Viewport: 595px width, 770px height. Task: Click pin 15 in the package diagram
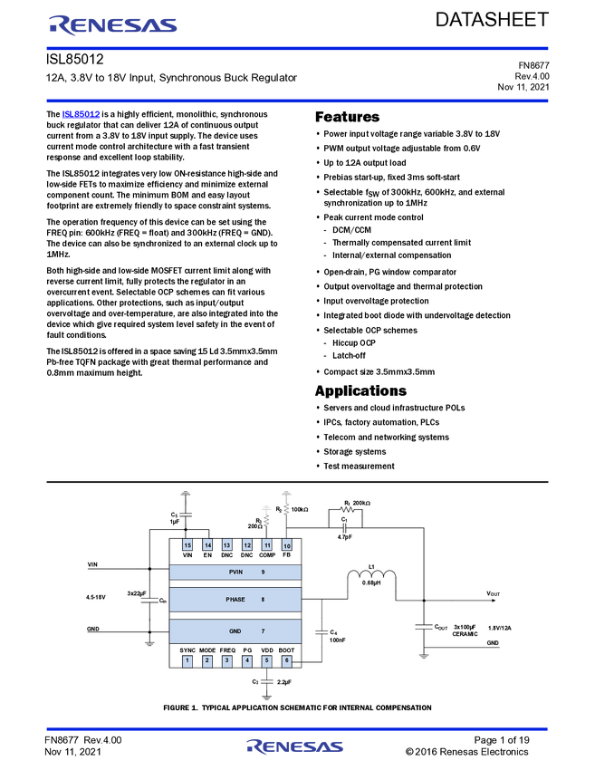point(187,544)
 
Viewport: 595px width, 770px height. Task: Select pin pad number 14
point(207,544)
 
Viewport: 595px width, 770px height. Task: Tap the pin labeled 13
point(227,544)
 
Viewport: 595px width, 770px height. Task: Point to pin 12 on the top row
point(247,544)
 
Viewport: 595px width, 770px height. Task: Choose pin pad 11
point(267,544)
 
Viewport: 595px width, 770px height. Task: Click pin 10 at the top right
point(287,544)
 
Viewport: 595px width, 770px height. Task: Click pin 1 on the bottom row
point(187,660)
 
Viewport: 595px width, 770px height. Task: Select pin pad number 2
point(207,660)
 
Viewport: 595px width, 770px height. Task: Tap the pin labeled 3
point(227,660)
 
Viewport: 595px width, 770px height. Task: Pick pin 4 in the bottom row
point(247,660)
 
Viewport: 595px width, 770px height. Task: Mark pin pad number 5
point(267,660)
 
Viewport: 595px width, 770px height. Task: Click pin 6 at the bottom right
point(287,660)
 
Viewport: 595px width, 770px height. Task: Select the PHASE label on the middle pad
point(235,599)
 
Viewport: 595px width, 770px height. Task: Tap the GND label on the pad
point(235,630)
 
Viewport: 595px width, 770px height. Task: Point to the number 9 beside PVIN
point(263,572)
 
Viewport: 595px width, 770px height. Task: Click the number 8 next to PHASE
point(263,599)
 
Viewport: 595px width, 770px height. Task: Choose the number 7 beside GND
point(263,630)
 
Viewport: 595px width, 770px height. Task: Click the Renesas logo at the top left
point(112,24)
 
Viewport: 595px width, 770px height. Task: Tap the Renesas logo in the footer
point(295,747)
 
